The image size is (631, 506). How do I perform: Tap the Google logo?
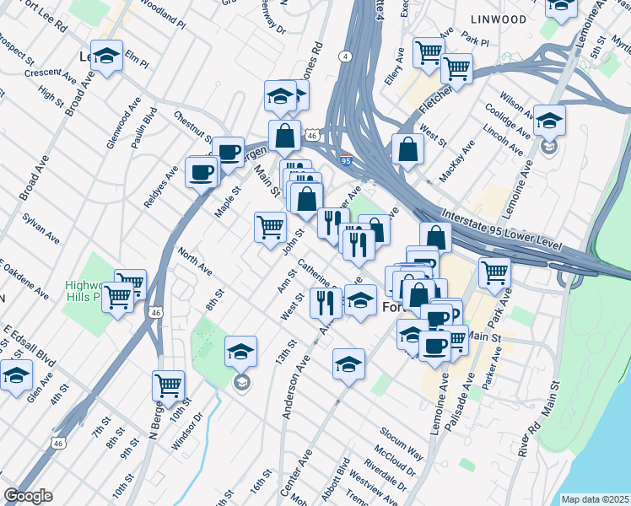(x=27, y=495)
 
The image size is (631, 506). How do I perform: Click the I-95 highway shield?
(x=347, y=158)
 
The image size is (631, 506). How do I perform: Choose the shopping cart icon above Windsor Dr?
(x=169, y=385)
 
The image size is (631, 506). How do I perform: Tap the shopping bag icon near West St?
(x=407, y=149)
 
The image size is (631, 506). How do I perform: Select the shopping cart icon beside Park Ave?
(x=493, y=272)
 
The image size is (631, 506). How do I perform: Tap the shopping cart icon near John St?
(x=270, y=225)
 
